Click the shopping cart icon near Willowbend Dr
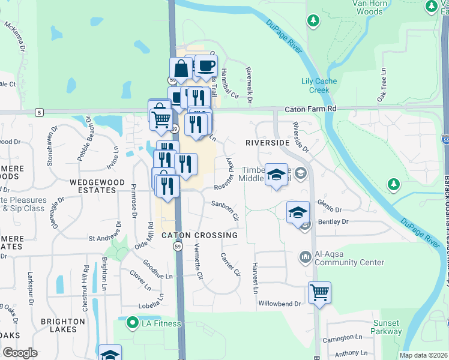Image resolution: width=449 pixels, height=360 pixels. [319, 293]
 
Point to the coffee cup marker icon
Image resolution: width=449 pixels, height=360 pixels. [206, 66]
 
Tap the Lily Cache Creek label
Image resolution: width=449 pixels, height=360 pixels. [319, 86]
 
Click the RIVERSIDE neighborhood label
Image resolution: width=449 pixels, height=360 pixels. [267, 143]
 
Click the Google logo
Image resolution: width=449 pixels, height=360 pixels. [20, 353]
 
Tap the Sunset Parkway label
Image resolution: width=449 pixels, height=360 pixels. [386, 327]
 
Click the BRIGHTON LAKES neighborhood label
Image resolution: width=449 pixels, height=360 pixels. [67, 325]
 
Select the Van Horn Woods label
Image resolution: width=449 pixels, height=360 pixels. [368, 7]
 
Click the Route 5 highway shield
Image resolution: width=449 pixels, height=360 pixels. [39, 112]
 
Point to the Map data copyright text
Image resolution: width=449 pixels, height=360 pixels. [423, 355]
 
